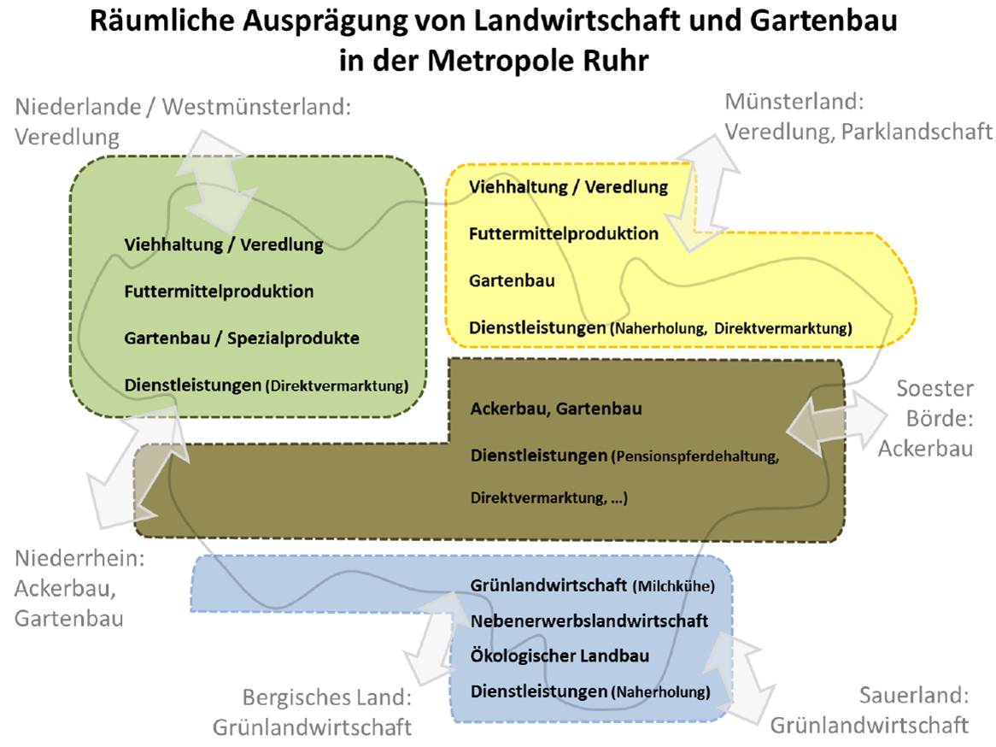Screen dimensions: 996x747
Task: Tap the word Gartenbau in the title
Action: [823, 21]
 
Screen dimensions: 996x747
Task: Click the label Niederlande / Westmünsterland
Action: [183, 107]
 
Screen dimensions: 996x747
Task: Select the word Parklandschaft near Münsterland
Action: [917, 132]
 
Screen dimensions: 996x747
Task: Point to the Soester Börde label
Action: [926, 418]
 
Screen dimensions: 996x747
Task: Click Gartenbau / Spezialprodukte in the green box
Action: [242, 338]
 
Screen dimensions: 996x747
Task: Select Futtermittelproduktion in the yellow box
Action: [564, 234]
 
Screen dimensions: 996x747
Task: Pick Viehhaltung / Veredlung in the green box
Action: [224, 244]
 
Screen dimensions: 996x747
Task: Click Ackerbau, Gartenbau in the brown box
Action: [556, 409]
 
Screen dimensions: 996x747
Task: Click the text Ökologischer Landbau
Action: [560, 656]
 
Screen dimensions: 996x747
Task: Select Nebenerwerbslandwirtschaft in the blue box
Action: [589, 621]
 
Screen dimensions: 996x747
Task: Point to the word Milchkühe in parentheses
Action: [674, 585]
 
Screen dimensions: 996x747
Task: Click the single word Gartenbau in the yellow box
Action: [512, 280]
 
